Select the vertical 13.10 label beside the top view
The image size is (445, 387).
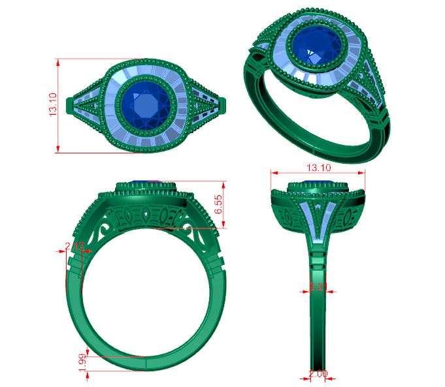click(53, 105)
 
